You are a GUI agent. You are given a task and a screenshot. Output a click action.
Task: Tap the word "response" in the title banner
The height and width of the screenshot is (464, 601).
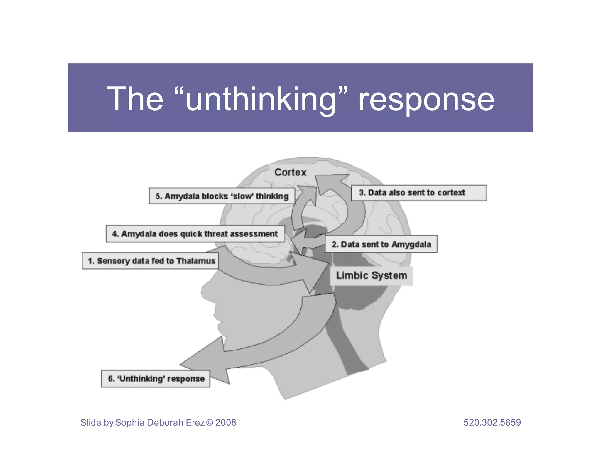(426, 100)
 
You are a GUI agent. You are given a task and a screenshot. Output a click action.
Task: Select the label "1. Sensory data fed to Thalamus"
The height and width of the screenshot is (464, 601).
(150, 261)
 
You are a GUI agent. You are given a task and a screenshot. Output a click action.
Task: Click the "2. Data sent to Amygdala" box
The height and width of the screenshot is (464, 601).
(381, 244)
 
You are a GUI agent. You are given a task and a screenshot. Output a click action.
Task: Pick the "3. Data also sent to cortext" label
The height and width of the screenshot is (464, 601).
(418, 193)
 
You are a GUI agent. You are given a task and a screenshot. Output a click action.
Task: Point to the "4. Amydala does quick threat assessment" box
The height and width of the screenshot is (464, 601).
(195, 234)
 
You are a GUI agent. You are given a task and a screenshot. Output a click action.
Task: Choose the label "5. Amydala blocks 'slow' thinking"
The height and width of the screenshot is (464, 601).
(222, 196)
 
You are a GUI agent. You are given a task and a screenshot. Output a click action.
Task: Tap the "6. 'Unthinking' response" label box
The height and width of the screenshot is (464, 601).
(156, 379)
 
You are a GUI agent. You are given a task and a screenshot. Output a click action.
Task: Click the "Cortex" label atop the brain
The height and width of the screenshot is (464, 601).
(290, 172)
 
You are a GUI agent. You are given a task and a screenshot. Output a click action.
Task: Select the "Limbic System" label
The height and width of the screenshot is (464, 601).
(372, 275)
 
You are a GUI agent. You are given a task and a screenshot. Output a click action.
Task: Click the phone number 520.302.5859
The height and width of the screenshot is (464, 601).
(492, 422)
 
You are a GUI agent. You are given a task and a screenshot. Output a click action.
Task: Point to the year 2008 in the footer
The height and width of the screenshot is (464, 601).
(226, 422)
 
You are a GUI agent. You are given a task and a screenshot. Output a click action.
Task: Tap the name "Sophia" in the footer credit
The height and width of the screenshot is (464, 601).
(130, 422)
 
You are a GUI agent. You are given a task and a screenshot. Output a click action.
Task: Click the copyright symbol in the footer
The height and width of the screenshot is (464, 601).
(210, 422)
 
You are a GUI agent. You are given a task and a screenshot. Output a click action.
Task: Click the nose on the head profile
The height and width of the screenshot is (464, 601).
(204, 292)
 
